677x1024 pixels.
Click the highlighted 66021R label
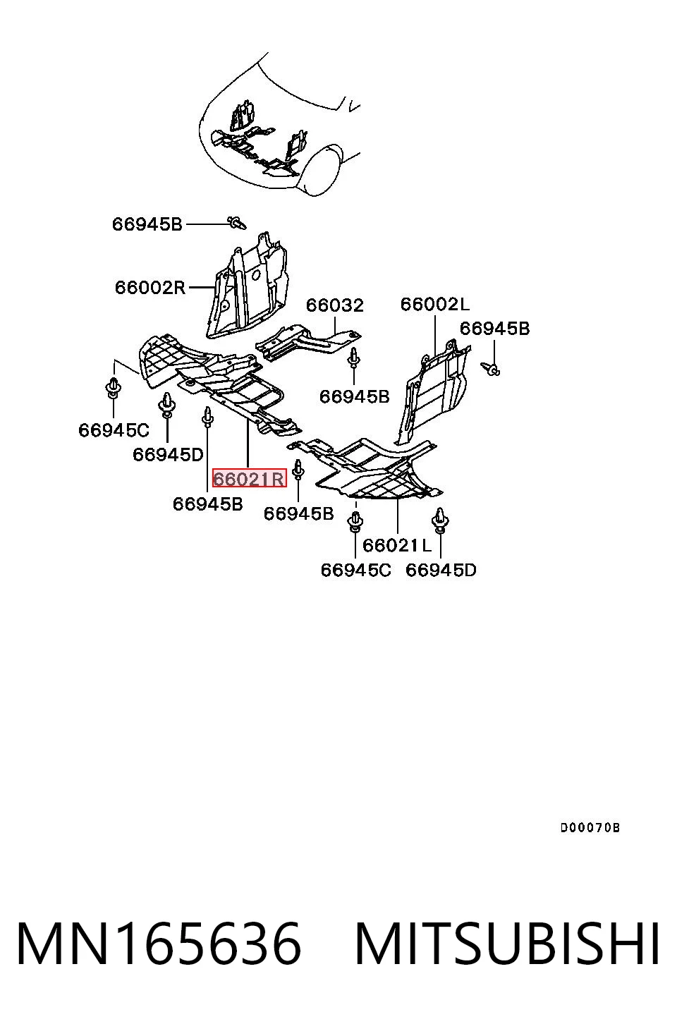click(x=249, y=478)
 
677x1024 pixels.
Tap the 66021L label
click(x=397, y=545)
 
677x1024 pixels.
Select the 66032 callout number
click(x=334, y=305)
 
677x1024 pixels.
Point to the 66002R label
click(x=150, y=288)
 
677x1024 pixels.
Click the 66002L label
click(x=434, y=304)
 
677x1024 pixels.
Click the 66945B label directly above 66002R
click(x=147, y=224)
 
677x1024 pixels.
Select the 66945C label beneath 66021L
click(x=355, y=570)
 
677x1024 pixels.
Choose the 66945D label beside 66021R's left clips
click(x=168, y=454)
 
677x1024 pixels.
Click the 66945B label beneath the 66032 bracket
click(x=354, y=396)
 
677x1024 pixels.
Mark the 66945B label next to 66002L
click(x=494, y=329)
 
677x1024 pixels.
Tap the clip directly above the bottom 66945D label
click(x=440, y=520)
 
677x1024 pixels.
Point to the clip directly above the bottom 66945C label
click(x=355, y=522)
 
